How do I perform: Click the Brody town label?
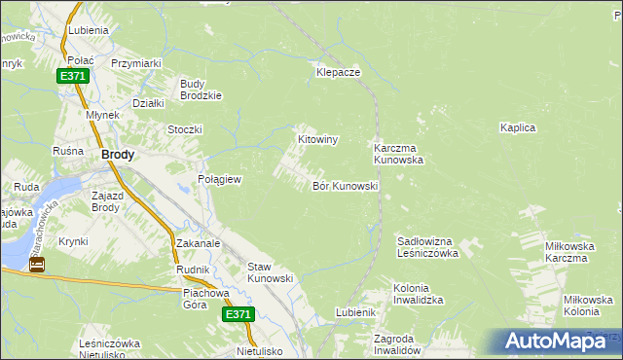click(118, 155)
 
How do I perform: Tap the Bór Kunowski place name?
click(345, 186)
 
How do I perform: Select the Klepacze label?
click(338, 73)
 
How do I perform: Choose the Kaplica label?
click(518, 127)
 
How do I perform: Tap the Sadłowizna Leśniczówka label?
click(427, 247)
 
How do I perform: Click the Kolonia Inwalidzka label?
click(419, 294)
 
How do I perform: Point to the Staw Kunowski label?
click(271, 272)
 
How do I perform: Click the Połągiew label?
click(219, 180)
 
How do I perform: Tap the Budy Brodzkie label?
click(202, 90)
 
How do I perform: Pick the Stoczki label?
click(184, 129)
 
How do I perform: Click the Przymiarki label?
click(135, 63)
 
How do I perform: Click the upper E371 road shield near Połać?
click(71, 76)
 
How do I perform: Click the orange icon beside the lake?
click(37, 264)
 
